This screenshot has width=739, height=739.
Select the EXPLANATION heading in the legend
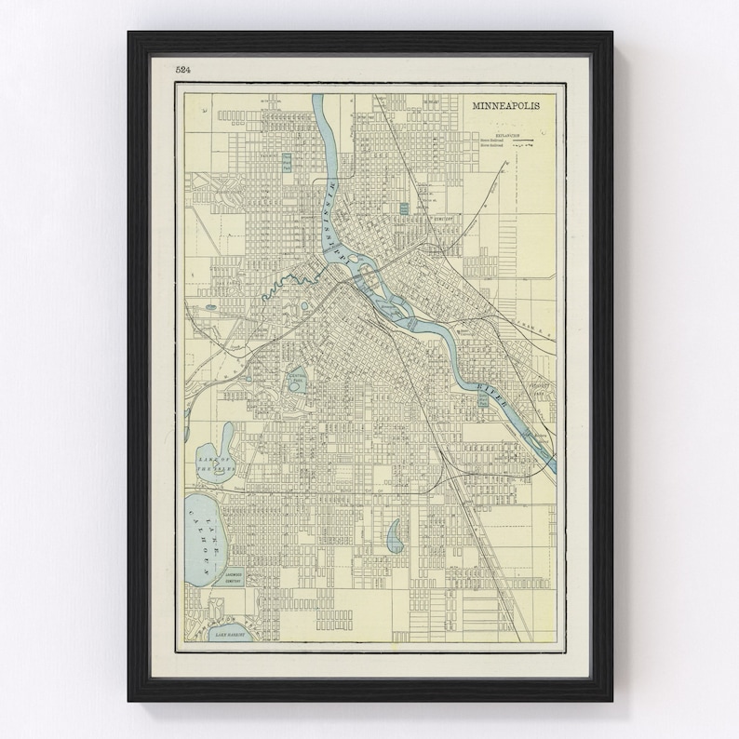(502, 134)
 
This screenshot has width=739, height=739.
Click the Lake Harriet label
(232, 632)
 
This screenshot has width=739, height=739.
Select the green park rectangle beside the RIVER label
(481, 399)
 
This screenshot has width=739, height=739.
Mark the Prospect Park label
(538, 386)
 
